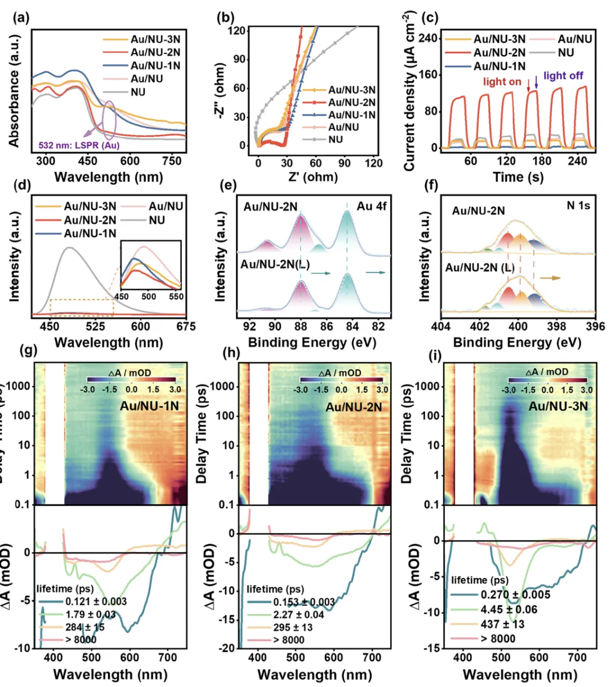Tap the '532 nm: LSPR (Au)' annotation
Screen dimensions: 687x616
[x=79, y=146]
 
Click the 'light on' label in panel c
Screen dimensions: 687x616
[x=502, y=82]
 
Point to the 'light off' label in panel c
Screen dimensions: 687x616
[x=563, y=75]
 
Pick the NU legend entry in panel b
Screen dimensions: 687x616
[x=336, y=139]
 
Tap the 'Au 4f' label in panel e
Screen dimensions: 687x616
[x=372, y=206]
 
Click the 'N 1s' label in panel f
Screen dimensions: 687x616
[x=578, y=205]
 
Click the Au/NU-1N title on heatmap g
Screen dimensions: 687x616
[x=149, y=406]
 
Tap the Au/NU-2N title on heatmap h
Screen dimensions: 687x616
[x=354, y=407]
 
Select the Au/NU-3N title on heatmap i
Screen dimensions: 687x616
[x=558, y=407]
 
